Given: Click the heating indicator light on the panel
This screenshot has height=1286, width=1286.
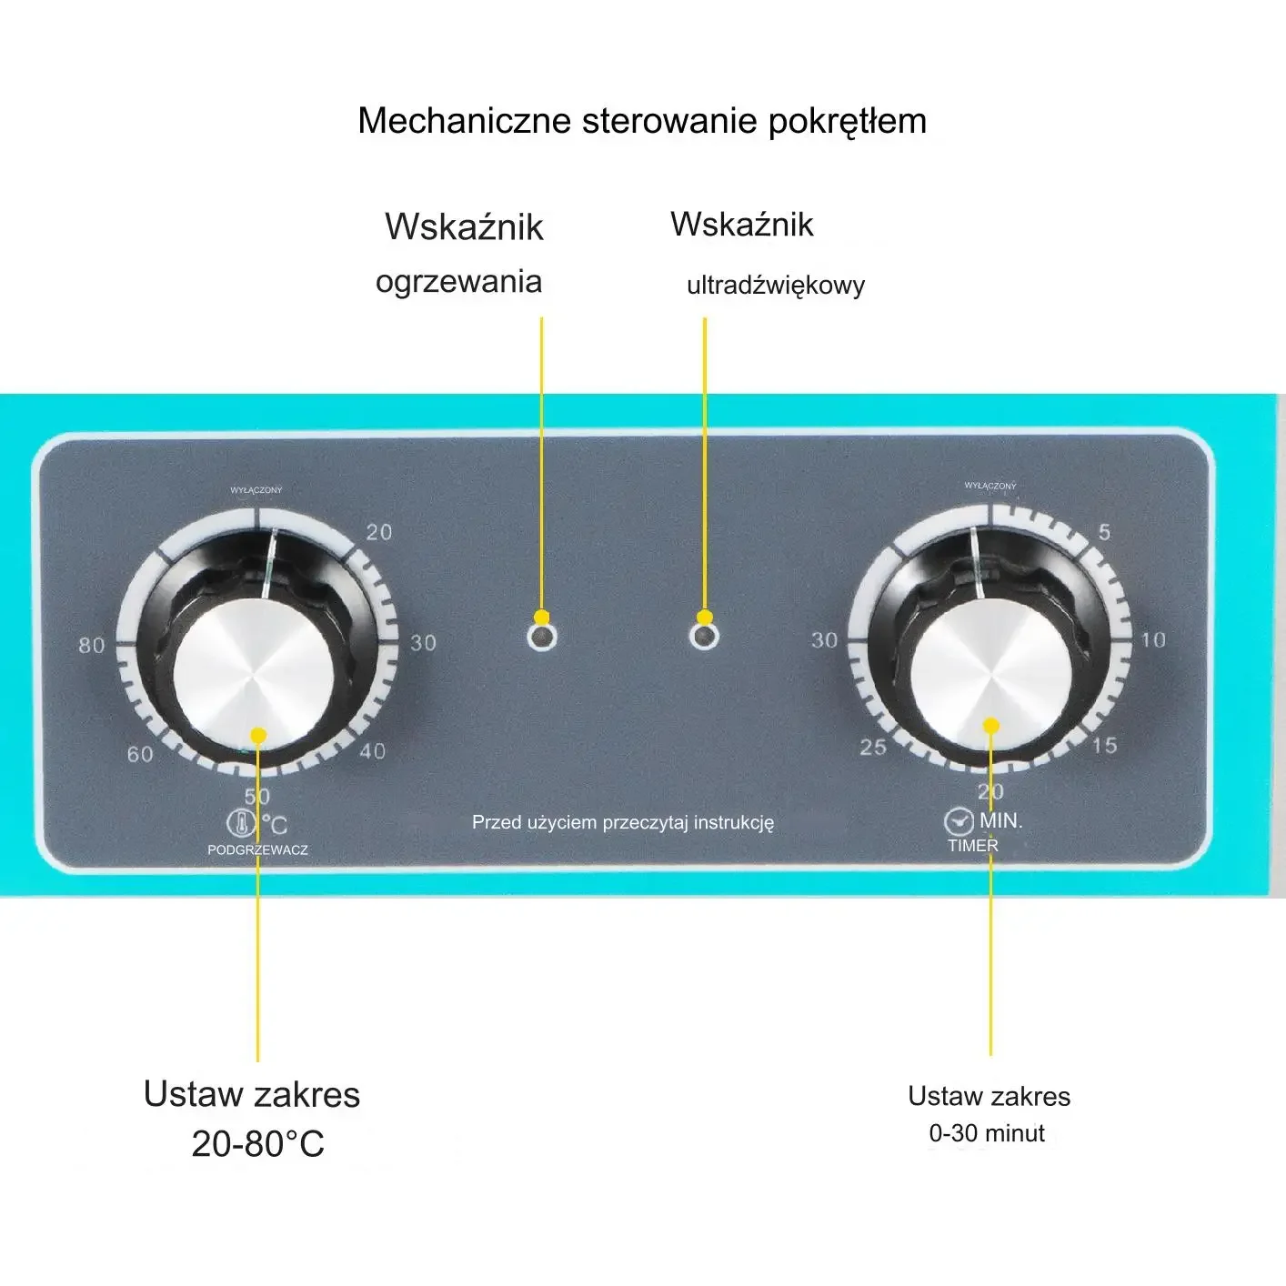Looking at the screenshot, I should pos(542,637).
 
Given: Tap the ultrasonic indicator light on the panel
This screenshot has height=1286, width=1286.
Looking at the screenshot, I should pos(704,636).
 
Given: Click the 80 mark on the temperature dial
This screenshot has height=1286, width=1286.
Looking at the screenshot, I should pos(91,646).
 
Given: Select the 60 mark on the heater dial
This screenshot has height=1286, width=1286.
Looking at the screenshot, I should pos(140,754).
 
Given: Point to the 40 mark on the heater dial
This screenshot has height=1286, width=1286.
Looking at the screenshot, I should pos(373,751).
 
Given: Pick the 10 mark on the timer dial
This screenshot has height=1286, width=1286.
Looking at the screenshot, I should pos(1153,640).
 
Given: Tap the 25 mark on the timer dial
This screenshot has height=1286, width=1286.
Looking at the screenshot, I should pos(873,748).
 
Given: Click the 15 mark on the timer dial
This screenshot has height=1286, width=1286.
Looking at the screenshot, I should pos(1104,746).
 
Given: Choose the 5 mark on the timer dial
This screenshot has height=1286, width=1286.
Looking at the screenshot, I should pos(1104,532).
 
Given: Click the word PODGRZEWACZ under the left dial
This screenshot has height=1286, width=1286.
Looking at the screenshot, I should pos(257,850).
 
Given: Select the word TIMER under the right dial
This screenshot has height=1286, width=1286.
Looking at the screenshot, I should pos(973,846).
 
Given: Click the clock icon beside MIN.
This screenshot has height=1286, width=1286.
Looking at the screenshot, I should pos(959,822).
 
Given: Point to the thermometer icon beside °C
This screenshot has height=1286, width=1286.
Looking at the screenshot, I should pos(241,824).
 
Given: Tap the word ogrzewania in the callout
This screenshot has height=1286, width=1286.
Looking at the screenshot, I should pos(458,281).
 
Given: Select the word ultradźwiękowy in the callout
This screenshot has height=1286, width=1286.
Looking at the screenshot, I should pos(776,286).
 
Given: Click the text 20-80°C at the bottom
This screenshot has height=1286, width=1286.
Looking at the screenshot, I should pos(257,1144).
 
